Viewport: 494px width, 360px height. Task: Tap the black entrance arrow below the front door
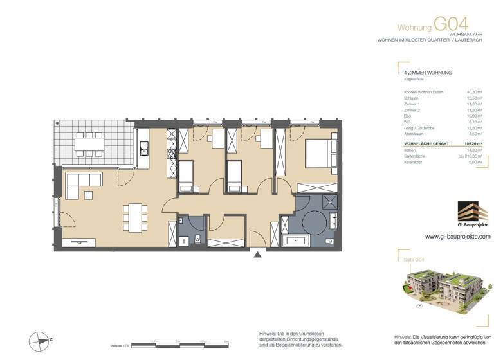[x=258, y=255]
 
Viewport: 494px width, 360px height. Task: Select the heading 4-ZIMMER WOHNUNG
[x=423, y=73]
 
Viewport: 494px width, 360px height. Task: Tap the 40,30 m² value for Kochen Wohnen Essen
[x=474, y=92]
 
